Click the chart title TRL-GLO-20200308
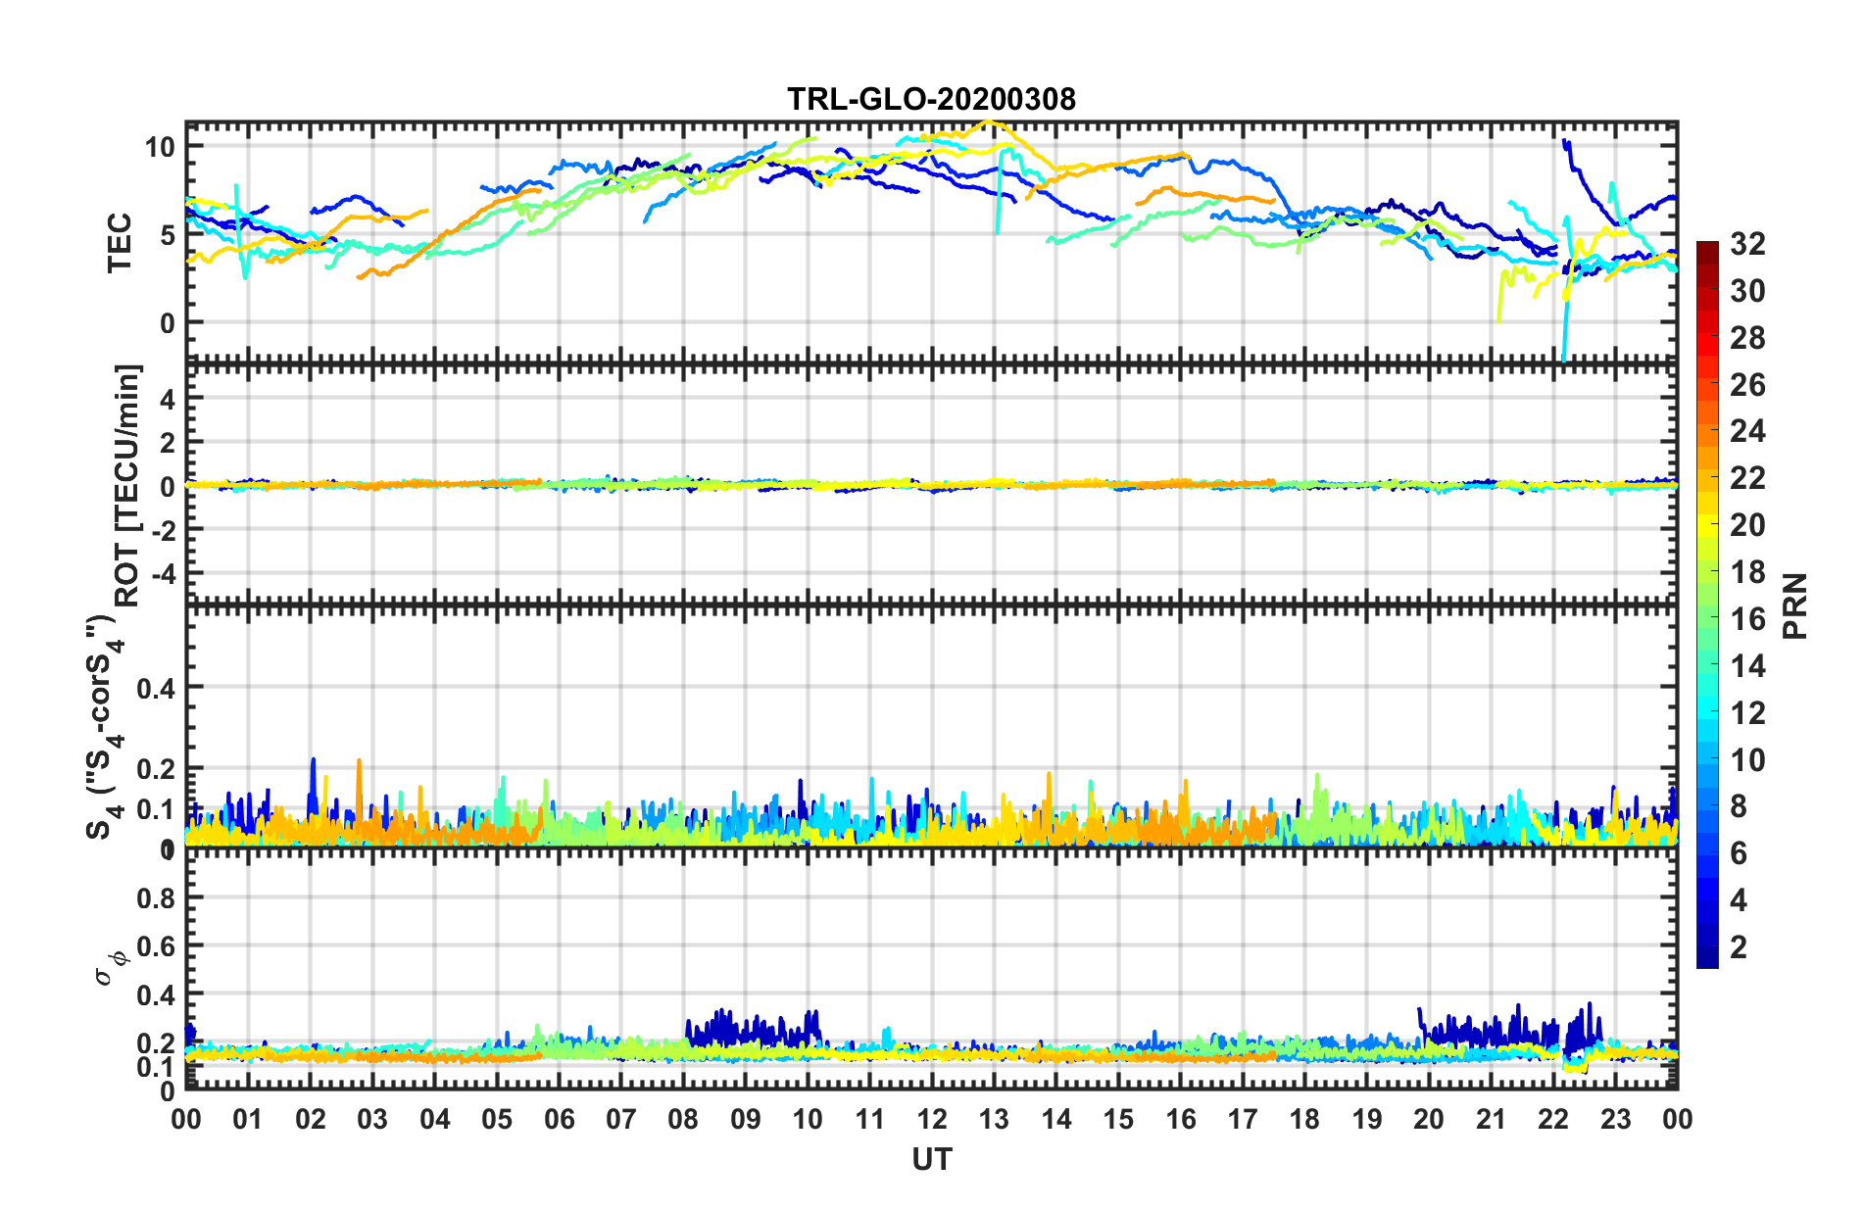931,99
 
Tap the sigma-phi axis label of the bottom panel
108,965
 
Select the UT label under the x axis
931,1160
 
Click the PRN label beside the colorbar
1795,605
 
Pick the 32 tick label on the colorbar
1747,244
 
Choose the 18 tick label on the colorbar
1747,572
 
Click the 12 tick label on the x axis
932,1120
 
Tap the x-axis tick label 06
559,1120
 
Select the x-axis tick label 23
1615,1120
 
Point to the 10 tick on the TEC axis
160,148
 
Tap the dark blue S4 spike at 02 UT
313,760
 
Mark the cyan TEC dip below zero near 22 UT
1563,357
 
